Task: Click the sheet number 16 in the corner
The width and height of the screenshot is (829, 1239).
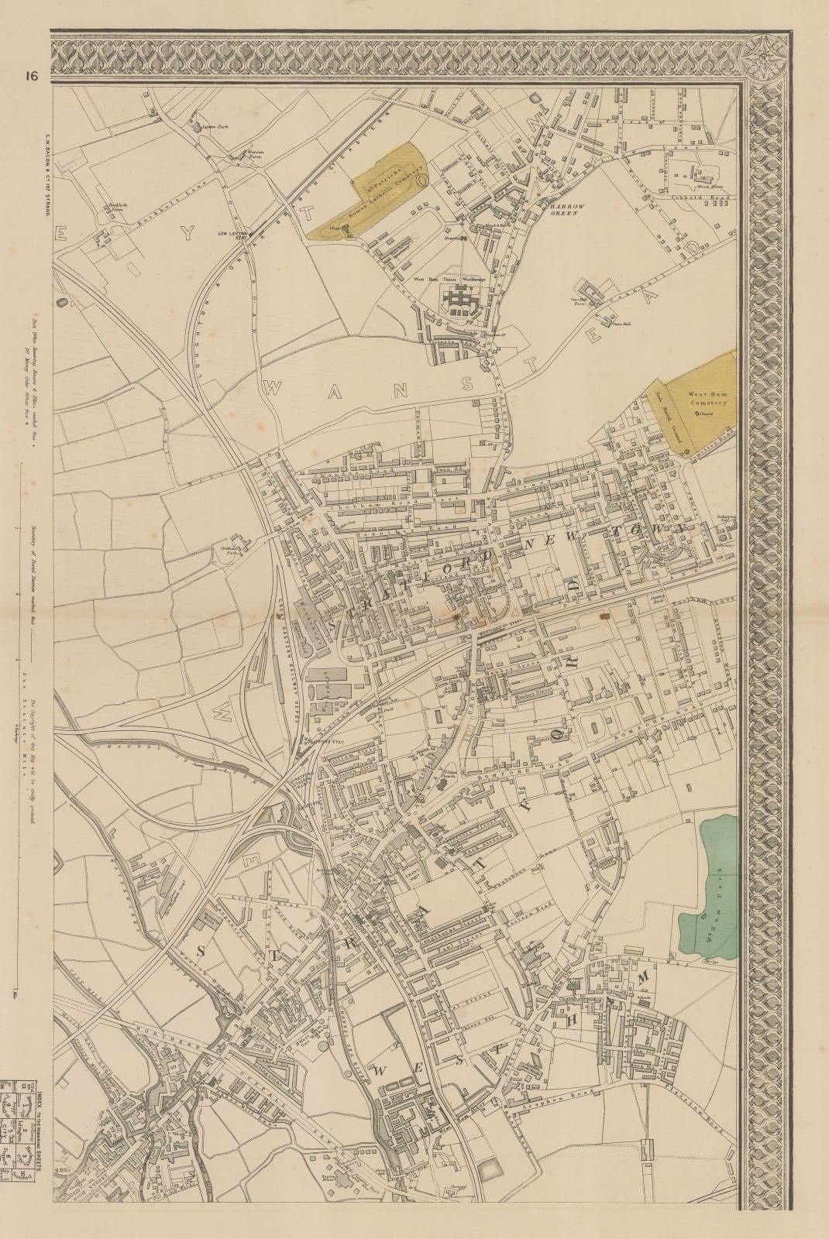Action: coord(30,75)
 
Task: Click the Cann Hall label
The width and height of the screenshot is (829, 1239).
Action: coord(617,324)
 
